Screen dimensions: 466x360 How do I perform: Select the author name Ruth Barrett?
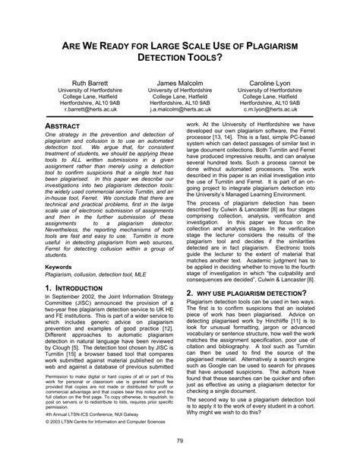(x=90, y=81)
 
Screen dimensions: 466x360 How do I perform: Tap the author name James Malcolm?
(x=179, y=81)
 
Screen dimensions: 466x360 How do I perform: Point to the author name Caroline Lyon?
(x=270, y=81)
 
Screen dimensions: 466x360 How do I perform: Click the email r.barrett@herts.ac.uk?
(x=90, y=109)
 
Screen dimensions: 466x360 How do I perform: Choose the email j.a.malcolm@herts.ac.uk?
(x=179, y=109)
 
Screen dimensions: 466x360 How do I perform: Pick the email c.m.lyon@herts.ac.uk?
(x=270, y=109)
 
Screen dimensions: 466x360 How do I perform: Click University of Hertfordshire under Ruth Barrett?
(x=90, y=90)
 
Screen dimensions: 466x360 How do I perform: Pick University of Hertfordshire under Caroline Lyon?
(x=270, y=90)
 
